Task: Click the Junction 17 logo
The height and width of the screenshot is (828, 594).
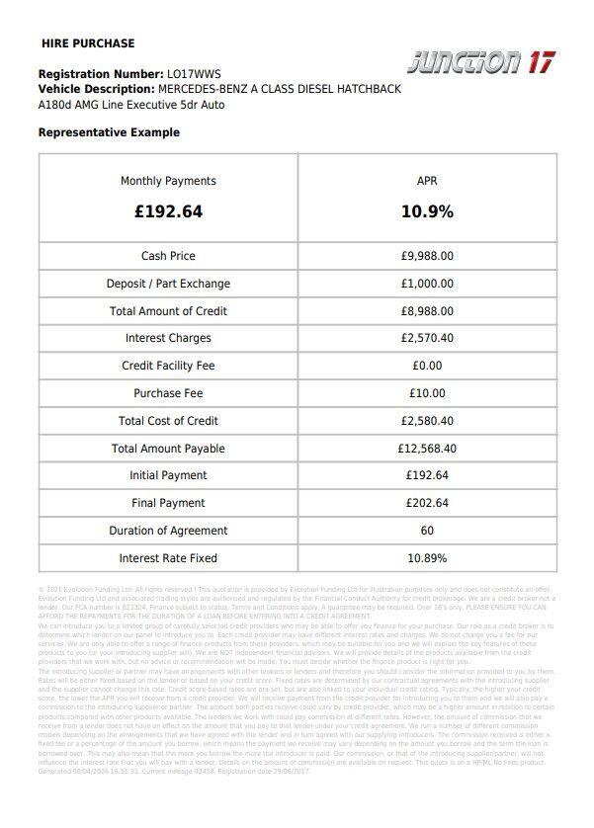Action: [x=481, y=61]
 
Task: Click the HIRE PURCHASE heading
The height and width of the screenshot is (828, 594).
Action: [x=88, y=43]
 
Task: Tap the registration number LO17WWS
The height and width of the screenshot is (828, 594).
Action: [x=194, y=74]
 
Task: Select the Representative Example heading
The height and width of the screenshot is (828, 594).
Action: [x=109, y=132]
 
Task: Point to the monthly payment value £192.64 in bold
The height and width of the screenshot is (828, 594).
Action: [x=168, y=211]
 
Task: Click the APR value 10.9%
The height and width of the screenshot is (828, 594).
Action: [x=427, y=211]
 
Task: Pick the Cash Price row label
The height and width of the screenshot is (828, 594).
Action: [x=168, y=256]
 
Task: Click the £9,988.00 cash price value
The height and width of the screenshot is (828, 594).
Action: [x=427, y=256]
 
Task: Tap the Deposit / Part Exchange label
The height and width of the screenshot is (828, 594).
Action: [x=168, y=284]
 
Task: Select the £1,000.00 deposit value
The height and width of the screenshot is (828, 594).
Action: [x=427, y=284]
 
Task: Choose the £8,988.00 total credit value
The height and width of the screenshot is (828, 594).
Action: [x=427, y=311]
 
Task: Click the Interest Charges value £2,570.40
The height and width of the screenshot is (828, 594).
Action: [x=427, y=338]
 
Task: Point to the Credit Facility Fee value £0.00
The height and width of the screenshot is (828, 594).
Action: [x=427, y=366]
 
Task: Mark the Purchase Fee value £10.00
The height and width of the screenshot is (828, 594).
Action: [x=427, y=393]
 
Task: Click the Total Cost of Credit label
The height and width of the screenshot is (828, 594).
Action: [x=168, y=421]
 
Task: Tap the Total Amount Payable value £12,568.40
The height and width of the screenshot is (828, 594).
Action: [x=427, y=449]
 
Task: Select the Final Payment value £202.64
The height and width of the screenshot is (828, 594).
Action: [x=427, y=503]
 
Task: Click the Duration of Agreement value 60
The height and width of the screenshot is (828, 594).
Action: [x=427, y=531]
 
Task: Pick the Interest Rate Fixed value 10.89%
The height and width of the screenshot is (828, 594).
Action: [x=427, y=558]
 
